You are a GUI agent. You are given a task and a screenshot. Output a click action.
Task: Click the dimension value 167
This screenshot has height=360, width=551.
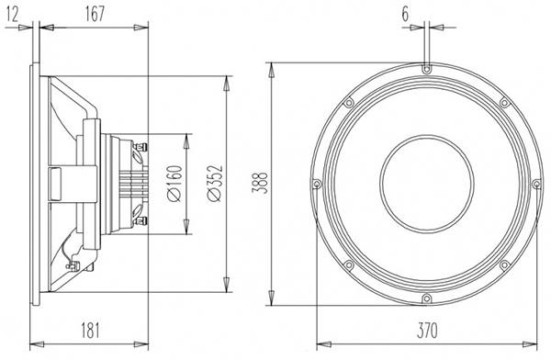pos(95,14)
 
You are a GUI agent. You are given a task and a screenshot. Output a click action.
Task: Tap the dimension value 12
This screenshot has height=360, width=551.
pos(12,15)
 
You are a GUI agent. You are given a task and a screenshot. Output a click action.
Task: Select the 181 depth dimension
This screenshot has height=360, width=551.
pos(91,330)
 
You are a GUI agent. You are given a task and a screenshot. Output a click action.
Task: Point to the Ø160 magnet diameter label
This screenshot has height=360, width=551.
pos(175,183)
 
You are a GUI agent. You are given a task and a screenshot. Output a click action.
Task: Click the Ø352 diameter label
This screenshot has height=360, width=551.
pos(215,183)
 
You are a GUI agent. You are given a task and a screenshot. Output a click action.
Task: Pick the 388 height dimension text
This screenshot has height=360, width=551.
pos(260,183)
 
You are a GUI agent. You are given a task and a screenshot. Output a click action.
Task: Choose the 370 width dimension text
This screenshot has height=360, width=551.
pos(427,331)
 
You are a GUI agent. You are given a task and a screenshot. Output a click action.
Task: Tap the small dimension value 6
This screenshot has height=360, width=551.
pos(405,15)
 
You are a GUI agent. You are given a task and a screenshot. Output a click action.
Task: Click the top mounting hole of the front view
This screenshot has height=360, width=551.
pos(426,69)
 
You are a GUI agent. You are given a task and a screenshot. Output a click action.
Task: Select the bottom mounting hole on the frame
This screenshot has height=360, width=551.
pos(426,298)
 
